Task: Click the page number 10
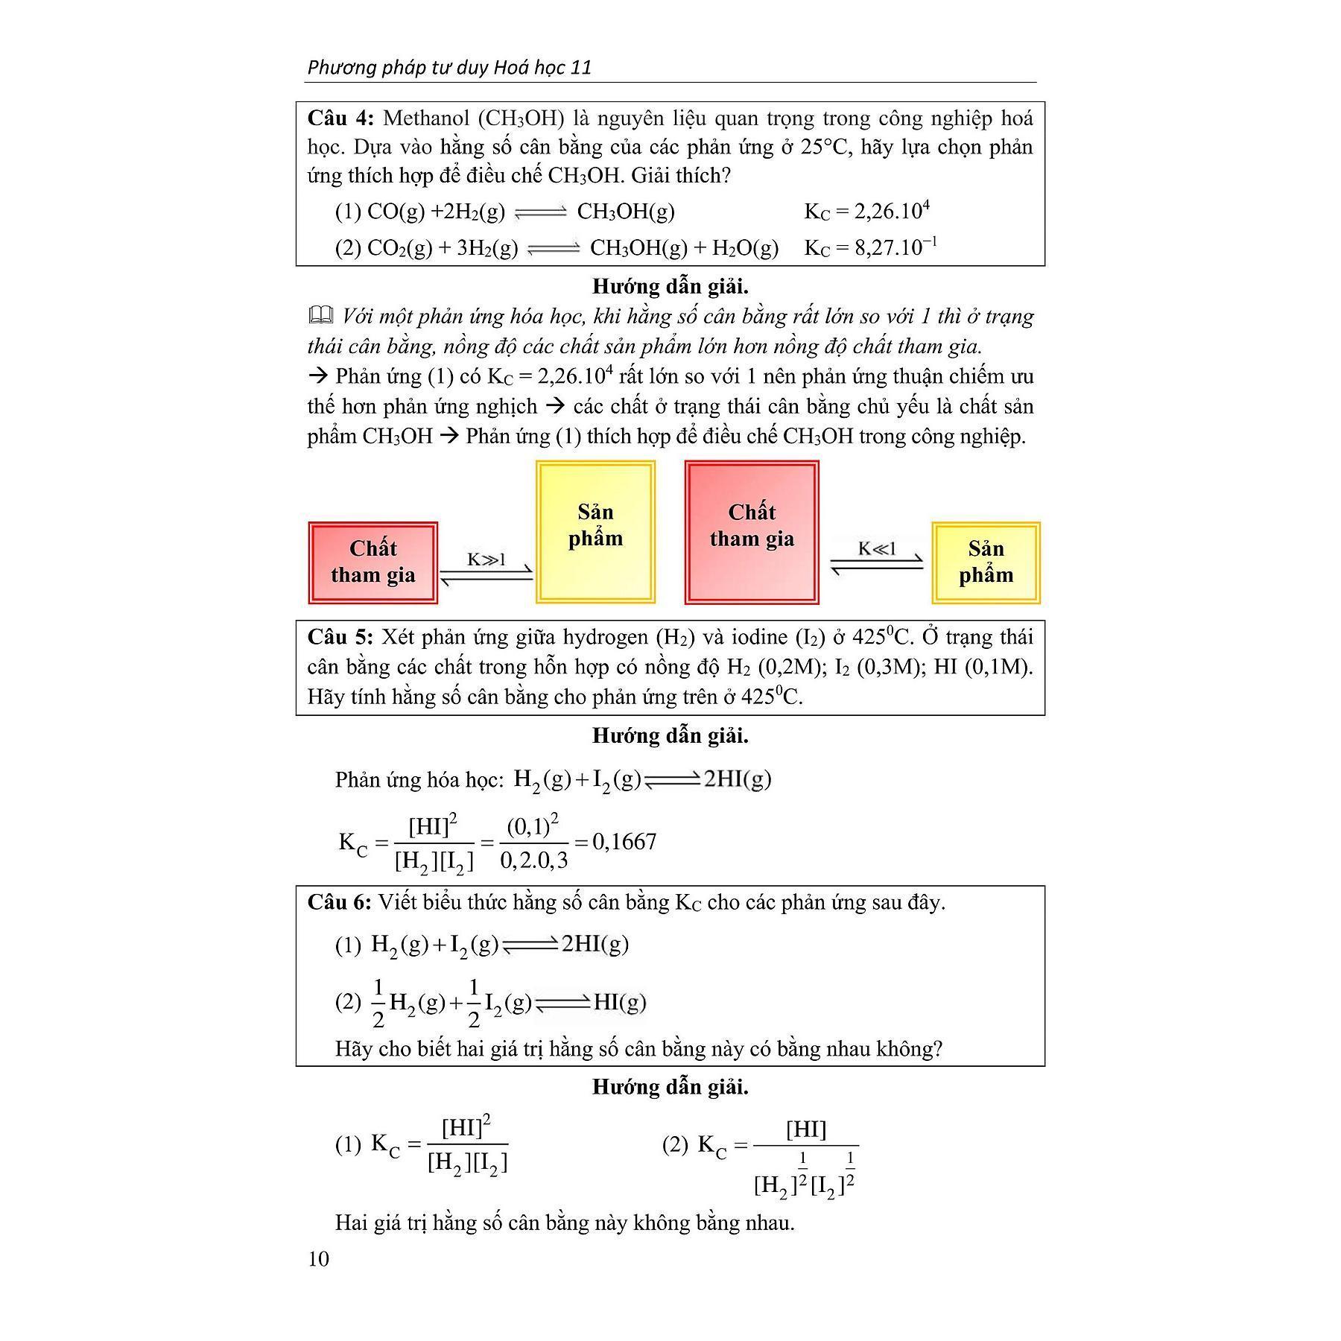click(x=318, y=1258)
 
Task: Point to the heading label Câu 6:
click(x=339, y=902)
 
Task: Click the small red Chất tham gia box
click(x=372, y=562)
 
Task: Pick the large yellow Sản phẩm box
click(x=595, y=531)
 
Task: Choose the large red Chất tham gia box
click(x=752, y=531)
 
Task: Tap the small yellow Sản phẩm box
click(x=986, y=562)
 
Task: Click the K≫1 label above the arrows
click(x=486, y=559)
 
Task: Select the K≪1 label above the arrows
click(x=877, y=549)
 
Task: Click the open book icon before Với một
click(x=320, y=316)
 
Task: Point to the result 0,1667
click(x=624, y=842)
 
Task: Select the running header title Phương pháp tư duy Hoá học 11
click(x=449, y=68)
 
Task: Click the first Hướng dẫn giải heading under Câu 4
click(x=670, y=287)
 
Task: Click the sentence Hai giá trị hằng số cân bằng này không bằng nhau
click(x=565, y=1223)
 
